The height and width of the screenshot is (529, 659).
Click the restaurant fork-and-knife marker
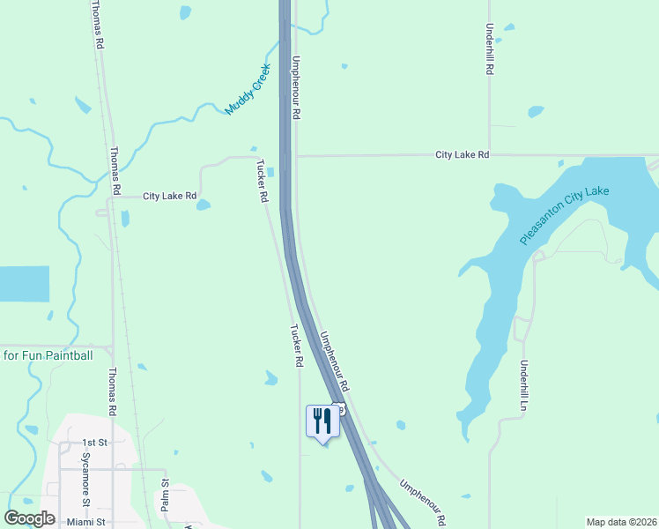(322, 421)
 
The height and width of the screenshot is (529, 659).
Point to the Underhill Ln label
(523, 386)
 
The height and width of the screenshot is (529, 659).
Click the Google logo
(29, 518)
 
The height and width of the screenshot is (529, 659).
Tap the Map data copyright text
(622, 522)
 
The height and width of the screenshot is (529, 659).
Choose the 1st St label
(93, 443)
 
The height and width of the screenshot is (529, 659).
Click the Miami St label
(85, 522)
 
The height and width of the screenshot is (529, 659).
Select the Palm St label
(165, 495)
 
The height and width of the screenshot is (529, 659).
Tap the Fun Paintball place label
(48, 355)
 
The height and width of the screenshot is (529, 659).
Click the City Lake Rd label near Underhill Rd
(462, 155)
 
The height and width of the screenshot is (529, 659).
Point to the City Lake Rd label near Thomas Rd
(169, 196)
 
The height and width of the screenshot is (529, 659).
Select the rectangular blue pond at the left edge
(24, 284)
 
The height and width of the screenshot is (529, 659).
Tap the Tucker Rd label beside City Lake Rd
(261, 182)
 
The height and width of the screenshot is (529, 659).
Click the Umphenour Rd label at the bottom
(423, 503)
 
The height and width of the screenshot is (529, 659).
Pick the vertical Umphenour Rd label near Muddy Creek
(297, 88)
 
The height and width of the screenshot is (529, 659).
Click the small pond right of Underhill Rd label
(536, 112)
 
